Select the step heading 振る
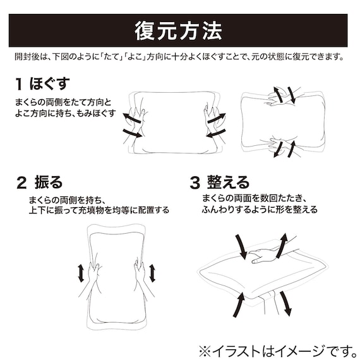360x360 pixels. [49, 183]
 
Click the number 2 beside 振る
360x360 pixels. [21, 184]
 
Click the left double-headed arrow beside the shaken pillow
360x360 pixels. [81, 273]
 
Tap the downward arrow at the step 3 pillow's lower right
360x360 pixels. [285, 304]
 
